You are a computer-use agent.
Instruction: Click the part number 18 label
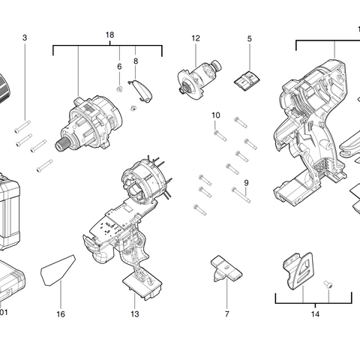[109, 36]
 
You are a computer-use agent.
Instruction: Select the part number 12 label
[196, 37]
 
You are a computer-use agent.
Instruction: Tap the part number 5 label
[250, 37]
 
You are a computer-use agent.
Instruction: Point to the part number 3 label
[25, 37]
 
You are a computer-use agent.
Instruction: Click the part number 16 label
[61, 313]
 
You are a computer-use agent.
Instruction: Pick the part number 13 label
[135, 313]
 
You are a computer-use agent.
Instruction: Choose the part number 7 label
[226, 313]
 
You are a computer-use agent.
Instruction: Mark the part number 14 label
[316, 313]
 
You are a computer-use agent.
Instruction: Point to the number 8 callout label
[136, 61]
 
